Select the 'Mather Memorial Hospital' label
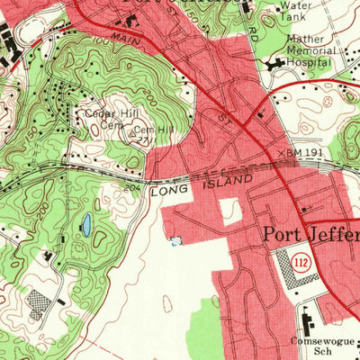(x=310, y=51)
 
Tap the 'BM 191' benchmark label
(x=302, y=154)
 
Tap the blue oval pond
(x=86, y=224)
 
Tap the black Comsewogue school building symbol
(x=303, y=318)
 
